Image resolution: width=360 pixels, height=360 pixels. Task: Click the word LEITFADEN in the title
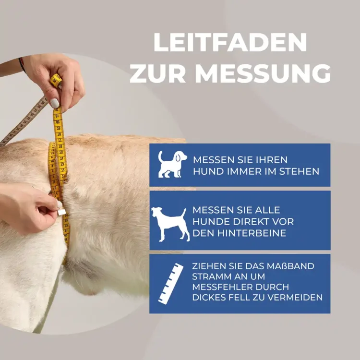pos(230,43)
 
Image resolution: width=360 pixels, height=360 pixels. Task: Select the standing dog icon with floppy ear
pos(172,164)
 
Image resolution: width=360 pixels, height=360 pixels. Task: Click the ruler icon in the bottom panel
pos(170,283)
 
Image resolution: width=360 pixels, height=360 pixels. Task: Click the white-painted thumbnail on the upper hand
pos(55,103)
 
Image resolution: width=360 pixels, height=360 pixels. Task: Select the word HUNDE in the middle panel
pos(210,222)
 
